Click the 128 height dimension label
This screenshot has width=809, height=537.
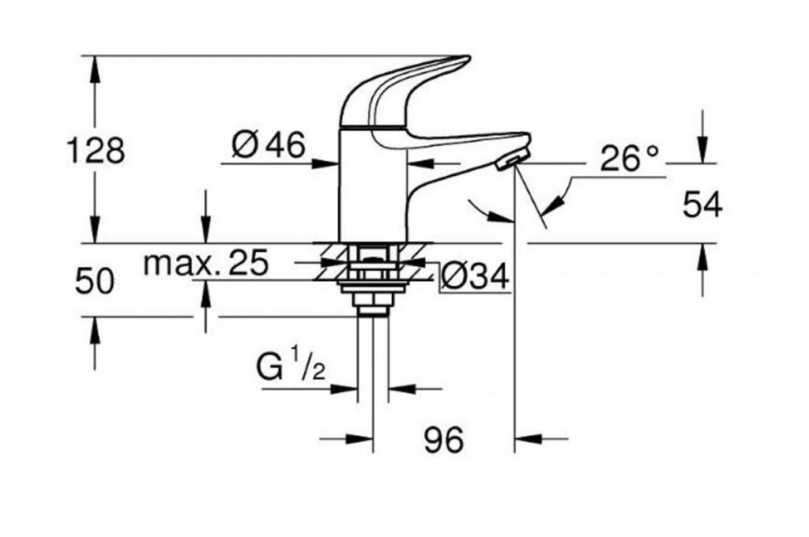pos(95,150)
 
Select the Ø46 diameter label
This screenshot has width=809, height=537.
pos(269,145)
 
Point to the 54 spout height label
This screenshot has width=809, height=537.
pos(702,206)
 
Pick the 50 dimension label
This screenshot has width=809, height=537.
pos(95,282)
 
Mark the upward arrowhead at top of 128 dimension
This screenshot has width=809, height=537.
pos(96,65)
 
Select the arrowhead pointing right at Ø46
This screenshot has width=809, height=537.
pos(329,163)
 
